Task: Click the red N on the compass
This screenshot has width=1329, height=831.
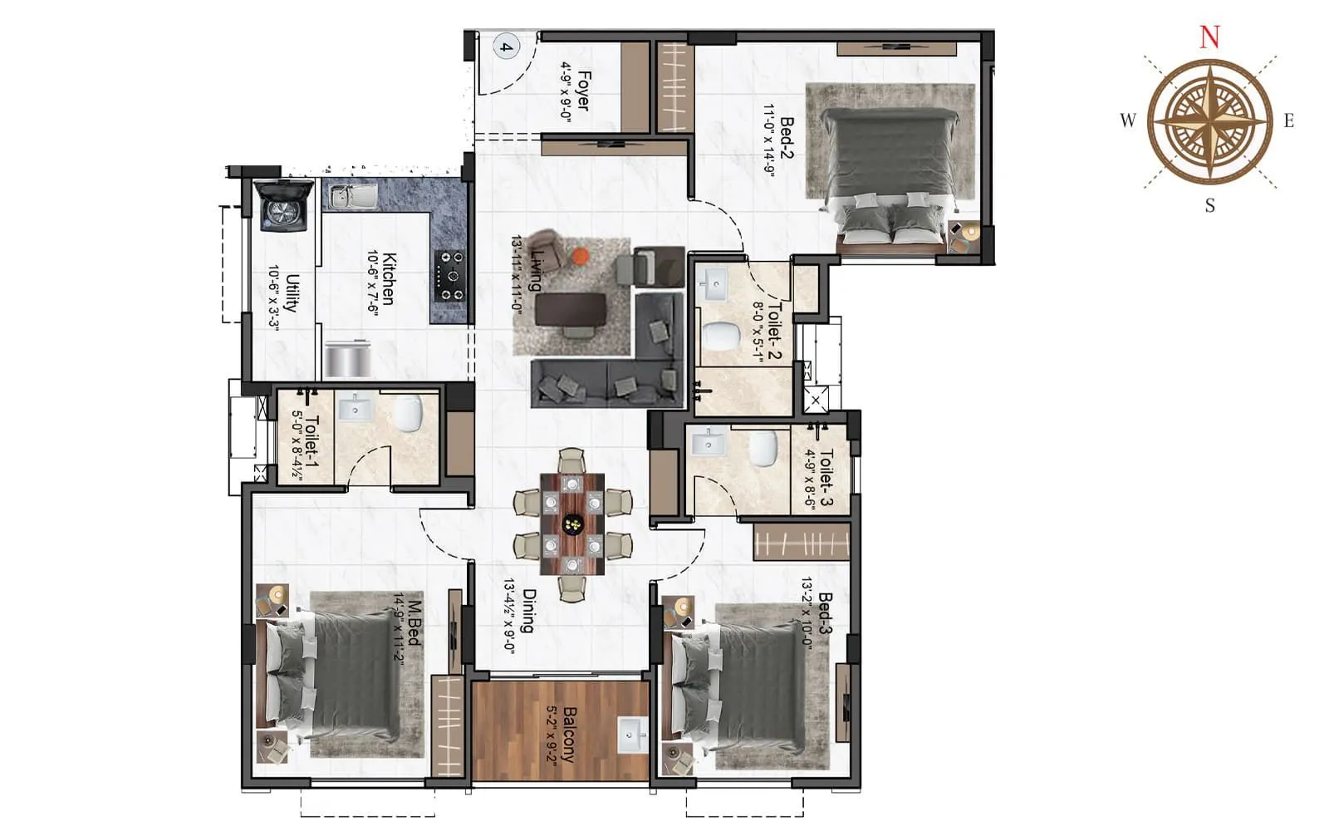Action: (x=1209, y=37)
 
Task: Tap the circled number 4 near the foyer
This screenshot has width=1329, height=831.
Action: (x=505, y=47)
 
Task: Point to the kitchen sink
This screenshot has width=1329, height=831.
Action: (x=351, y=196)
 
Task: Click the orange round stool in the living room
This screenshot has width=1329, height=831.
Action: (x=580, y=255)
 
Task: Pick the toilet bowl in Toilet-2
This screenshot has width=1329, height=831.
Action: (x=721, y=337)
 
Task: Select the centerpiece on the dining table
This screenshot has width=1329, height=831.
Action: (x=572, y=524)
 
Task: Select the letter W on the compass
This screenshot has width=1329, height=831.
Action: (x=1127, y=120)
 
